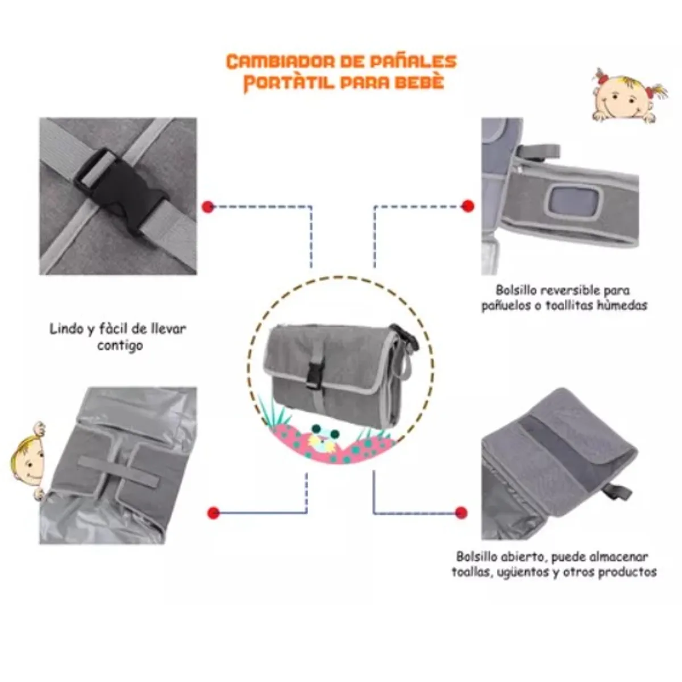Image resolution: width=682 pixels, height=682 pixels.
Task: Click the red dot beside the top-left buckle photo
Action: [x=208, y=207]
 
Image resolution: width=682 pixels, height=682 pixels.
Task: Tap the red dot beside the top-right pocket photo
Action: [x=468, y=206]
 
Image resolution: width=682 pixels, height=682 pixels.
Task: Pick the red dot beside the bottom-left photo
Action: [x=214, y=513]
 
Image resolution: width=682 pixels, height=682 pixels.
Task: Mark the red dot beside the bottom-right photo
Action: [x=461, y=512]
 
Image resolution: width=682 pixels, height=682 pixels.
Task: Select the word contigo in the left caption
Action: [x=119, y=345]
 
